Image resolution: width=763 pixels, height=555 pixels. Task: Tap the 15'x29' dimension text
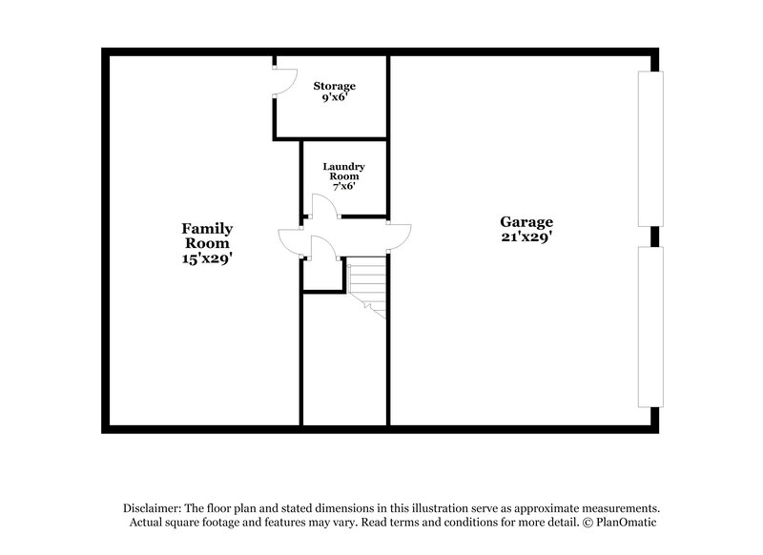[208, 258]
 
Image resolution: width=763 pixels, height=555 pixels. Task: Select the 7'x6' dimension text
[343, 186]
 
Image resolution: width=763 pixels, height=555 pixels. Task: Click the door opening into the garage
[401, 236]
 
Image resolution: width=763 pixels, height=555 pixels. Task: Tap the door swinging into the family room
[289, 242]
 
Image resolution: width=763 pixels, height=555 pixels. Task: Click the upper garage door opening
[650, 149]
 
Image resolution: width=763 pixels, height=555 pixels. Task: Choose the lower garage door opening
[650, 326]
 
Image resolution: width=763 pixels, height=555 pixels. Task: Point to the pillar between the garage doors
[653, 236]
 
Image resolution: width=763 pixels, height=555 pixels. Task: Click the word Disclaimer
[152, 508]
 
